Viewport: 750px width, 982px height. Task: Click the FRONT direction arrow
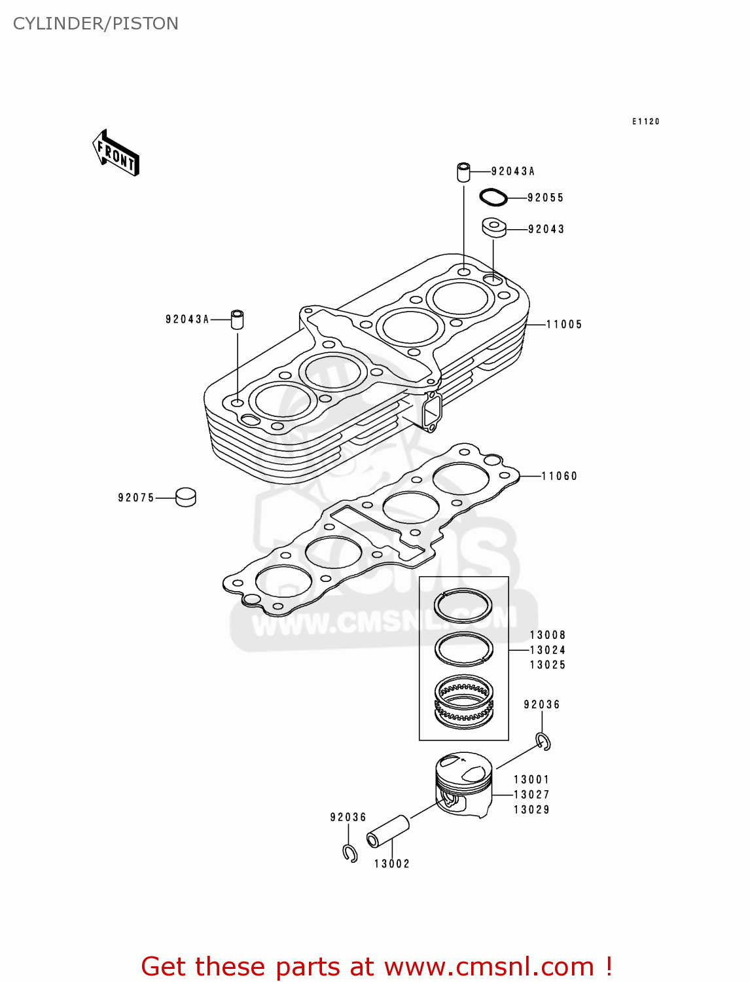[x=116, y=153]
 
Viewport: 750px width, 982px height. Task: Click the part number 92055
[x=545, y=198]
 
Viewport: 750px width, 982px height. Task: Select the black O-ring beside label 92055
[x=493, y=196]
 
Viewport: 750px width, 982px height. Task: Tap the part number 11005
[x=564, y=325]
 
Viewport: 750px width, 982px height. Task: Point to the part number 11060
[x=560, y=477]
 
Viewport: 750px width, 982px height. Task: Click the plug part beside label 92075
[x=186, y=498]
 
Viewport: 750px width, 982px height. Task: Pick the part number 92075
[x=136, y=498]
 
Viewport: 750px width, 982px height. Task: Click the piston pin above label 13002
[x=388, y=831]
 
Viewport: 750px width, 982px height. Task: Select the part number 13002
[x=392, y=864]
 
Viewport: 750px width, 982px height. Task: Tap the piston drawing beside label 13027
[x=464, y=784]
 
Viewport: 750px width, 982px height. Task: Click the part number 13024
[x=548, y=650]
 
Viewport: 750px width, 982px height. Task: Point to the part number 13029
[x=531, y=810]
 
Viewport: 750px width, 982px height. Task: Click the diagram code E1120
[x=646, y=122]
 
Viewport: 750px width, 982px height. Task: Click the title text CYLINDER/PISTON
[x=96, y=24]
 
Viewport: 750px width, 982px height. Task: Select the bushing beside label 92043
[x=495, y=228]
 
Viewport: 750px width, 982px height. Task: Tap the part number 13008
[x=548, y=635]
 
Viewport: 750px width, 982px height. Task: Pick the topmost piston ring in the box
[x=463, y=606]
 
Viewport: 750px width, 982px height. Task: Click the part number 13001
[x=531, y=780]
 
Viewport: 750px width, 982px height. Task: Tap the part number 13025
[x=548, y=665]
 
